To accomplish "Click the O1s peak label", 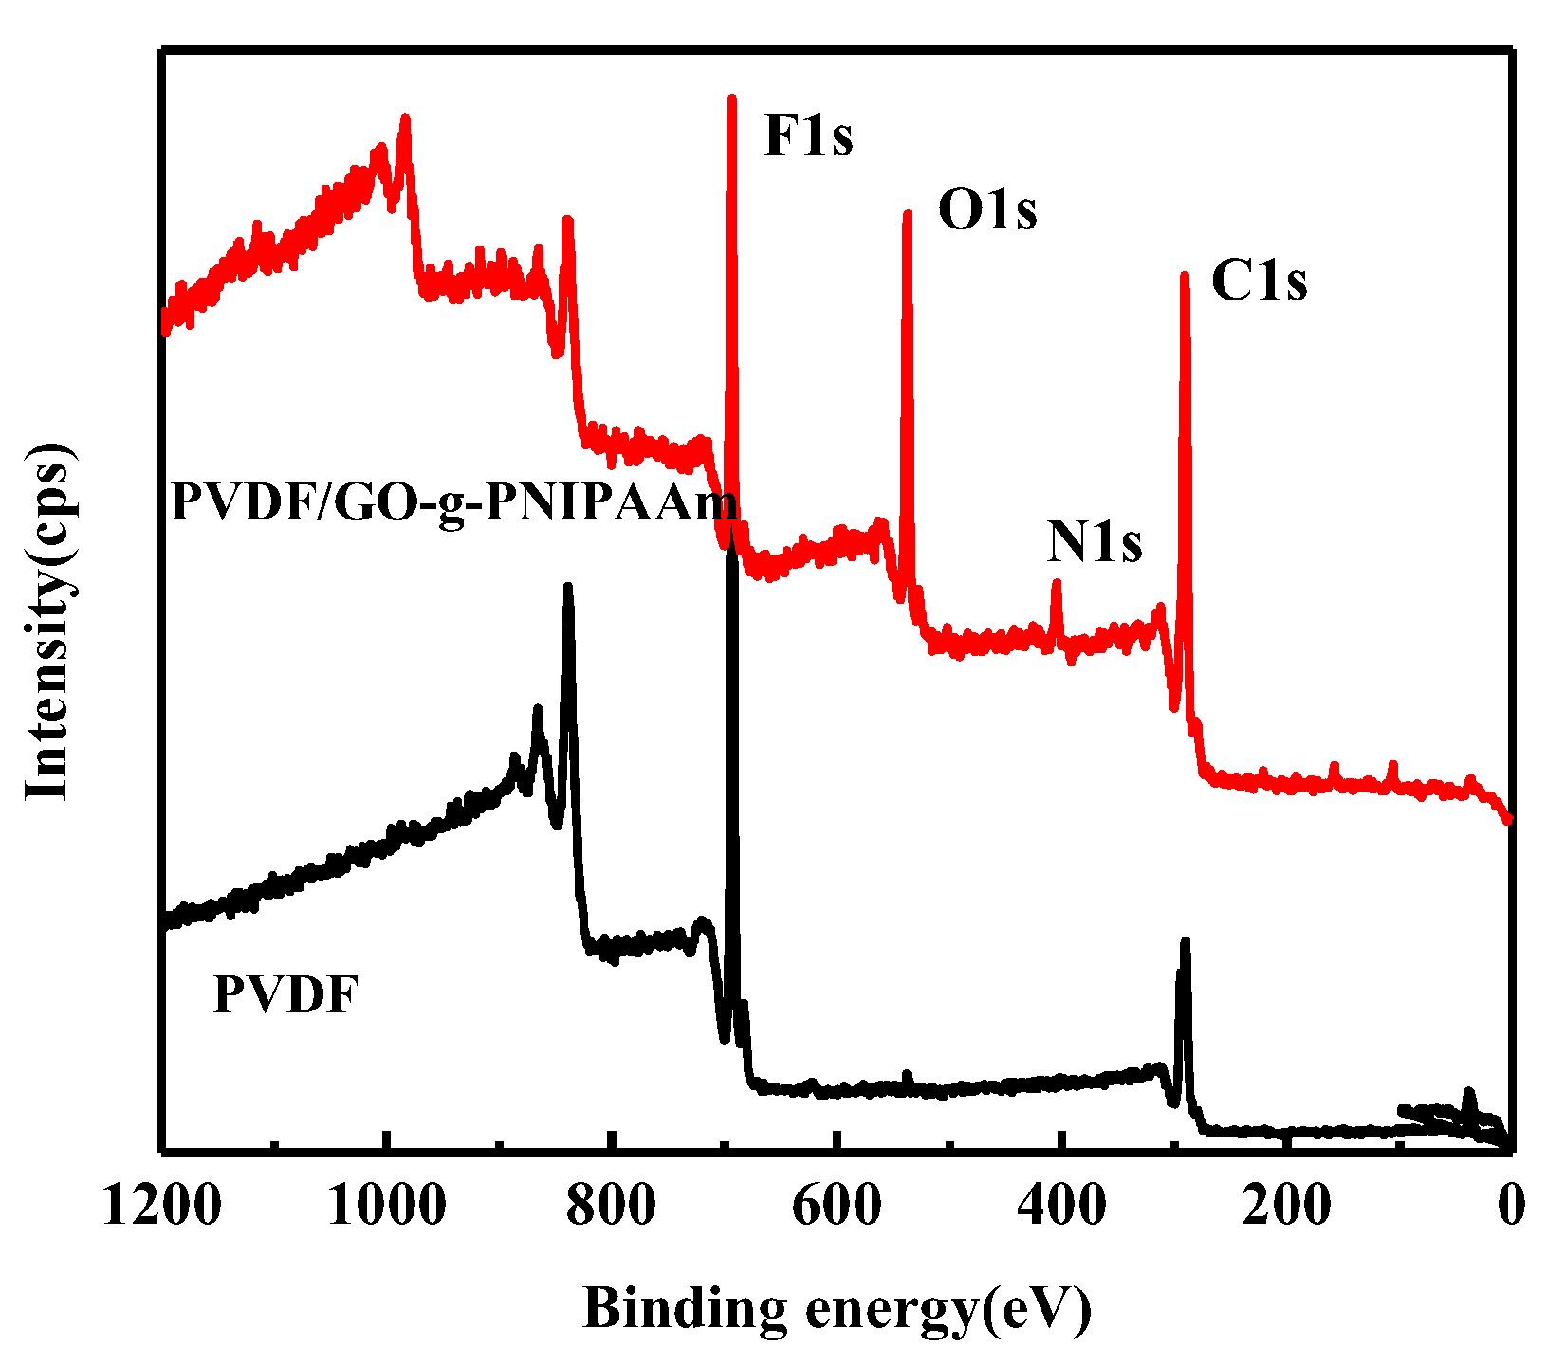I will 987,210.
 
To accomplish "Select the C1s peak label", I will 1259,282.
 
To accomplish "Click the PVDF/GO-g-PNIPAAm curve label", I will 453,502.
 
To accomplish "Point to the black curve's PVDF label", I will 285,996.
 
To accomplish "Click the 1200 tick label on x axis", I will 162,1207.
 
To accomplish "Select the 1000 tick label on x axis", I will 386,1207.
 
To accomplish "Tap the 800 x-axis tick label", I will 612,1207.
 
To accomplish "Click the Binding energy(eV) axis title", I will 837,1309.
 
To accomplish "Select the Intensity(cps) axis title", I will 47,623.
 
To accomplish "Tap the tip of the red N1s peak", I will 1057,583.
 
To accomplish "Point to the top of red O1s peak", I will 907,214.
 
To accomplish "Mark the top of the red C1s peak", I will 1184,276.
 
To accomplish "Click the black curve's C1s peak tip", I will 1185,941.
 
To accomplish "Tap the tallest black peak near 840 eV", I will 568,587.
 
